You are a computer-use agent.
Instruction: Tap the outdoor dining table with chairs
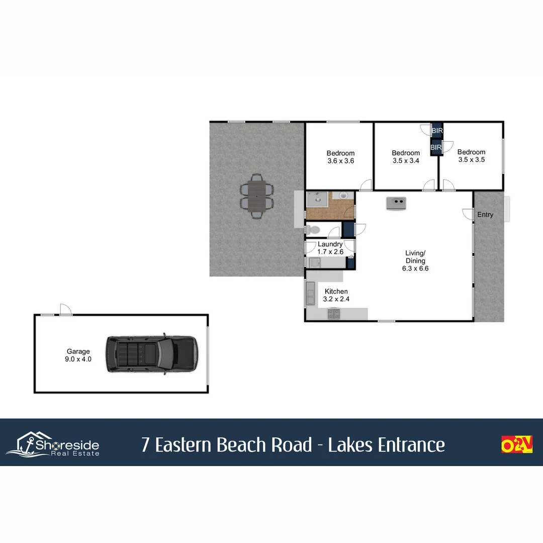[257, 195]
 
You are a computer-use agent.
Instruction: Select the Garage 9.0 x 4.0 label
[78, 355]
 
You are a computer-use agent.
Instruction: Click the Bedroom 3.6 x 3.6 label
[340, 157]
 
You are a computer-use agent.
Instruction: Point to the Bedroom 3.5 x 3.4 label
[406, 157]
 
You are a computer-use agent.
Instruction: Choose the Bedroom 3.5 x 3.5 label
[471, 156]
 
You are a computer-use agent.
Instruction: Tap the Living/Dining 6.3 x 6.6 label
[415, 261]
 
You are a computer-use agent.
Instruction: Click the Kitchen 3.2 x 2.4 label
[336, 295]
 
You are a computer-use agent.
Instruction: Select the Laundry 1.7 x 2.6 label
[330, 248]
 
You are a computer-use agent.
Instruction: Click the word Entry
[485, 215]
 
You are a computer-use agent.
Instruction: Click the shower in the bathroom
[317, 200]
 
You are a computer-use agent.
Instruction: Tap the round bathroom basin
[344, 196]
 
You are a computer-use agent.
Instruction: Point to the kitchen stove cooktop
[334, 314]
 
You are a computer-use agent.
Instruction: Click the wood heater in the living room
[397, 203]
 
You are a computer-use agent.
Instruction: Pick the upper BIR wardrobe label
[437, 131]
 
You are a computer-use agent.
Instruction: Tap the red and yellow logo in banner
[517, 444]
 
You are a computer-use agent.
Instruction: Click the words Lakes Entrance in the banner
[386, 445]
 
